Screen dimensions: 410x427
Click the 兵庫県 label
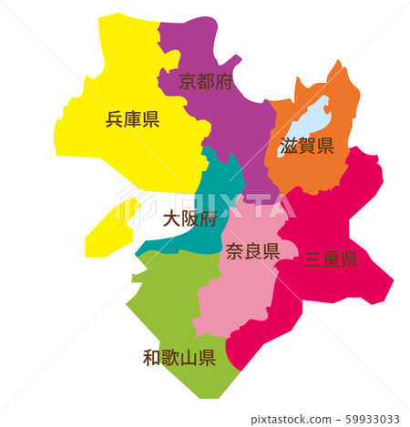pos(132,119)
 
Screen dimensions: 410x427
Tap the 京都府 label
pos(205,82)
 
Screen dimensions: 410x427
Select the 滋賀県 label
pos(307,146)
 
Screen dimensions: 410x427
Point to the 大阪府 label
pos(190,219)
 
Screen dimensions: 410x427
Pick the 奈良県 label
pos(251,252)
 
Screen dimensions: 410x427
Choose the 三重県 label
pos(330,259)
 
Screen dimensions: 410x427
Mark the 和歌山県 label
pos(179,357)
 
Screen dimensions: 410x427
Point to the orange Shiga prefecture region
pos(319,173)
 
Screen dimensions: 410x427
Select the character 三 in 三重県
pos(313,259)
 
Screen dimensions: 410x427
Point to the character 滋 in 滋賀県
pos(290,146)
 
